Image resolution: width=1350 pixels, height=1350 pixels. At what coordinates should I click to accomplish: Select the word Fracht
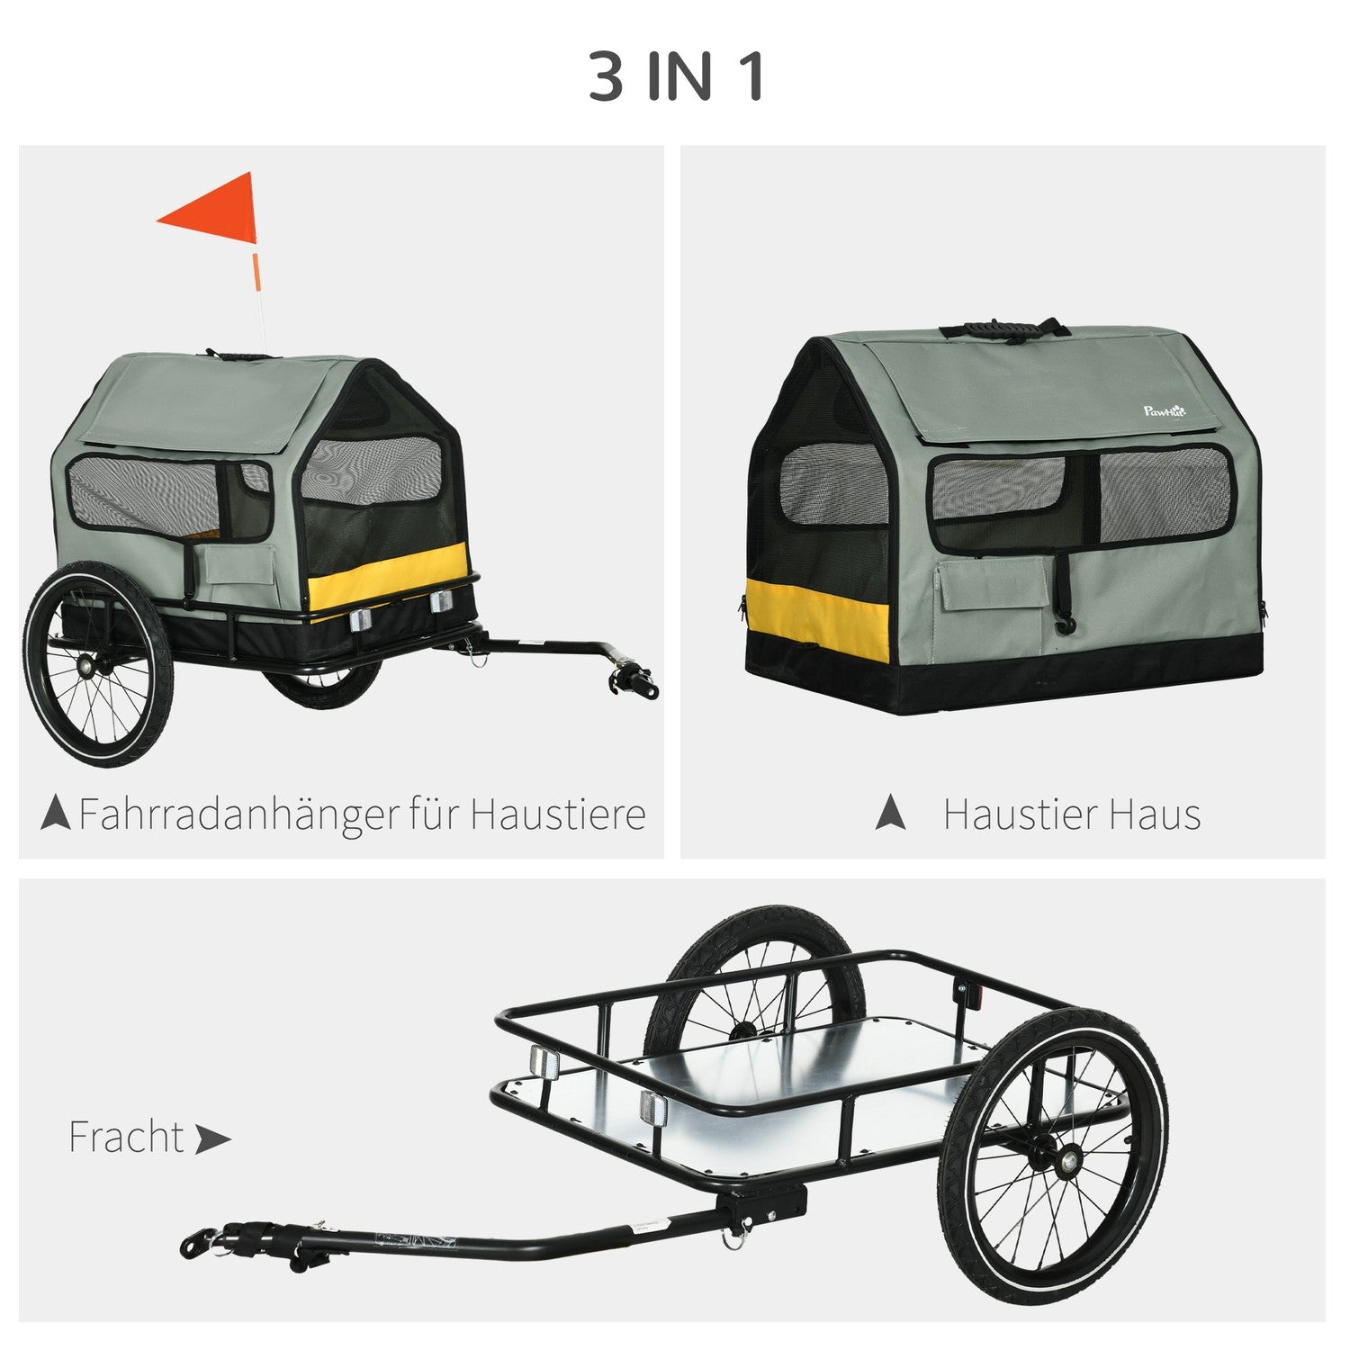[x=126, y=1138]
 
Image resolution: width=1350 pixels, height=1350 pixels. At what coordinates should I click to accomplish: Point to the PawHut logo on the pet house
[x=1165, y=411]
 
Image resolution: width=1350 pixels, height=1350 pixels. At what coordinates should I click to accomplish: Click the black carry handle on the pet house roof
[x=1004, y=329]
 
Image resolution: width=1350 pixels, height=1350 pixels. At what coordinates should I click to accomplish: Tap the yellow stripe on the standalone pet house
[x=817, y=620]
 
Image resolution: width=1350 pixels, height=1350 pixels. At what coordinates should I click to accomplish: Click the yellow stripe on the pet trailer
[x=389, y=576]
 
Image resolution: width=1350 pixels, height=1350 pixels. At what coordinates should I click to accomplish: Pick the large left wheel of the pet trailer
[x=98, y=663]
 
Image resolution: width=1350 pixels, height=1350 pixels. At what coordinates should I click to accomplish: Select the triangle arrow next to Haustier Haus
[x=891, y=813]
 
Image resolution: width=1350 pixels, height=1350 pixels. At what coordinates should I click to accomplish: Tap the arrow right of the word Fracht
[x=213, y=1139]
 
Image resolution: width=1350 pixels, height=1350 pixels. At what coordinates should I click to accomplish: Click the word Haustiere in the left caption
[x=558, y=814]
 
